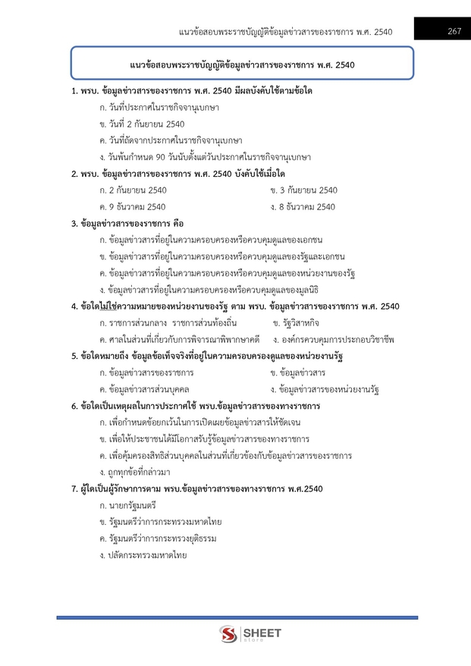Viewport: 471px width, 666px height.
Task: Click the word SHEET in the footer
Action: pos(262,632)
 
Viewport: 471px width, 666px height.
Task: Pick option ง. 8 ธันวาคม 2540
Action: pos(303,206)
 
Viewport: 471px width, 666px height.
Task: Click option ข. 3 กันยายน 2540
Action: pos(303,190)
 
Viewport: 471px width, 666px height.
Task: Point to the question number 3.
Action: pos(74,223)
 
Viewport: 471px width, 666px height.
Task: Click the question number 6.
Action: pos(74,406)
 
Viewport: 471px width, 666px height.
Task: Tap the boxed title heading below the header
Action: pos(242,64)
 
